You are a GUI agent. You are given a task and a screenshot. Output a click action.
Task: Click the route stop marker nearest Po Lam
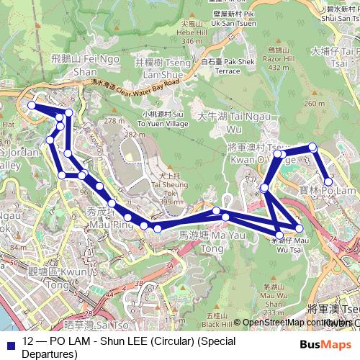[x=328, y=181]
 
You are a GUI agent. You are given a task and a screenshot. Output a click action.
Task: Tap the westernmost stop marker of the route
[x=32, y=106]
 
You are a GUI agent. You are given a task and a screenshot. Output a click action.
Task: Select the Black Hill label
[x=217, y=319]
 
